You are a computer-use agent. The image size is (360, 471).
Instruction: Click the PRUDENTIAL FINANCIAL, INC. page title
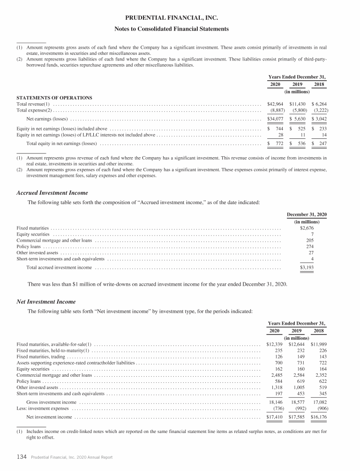[180, 19]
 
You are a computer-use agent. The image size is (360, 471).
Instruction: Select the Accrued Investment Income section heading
[52, 193]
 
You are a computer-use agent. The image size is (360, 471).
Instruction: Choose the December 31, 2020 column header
[307, 214]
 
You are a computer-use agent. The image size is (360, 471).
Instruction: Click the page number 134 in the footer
[21, 457]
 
